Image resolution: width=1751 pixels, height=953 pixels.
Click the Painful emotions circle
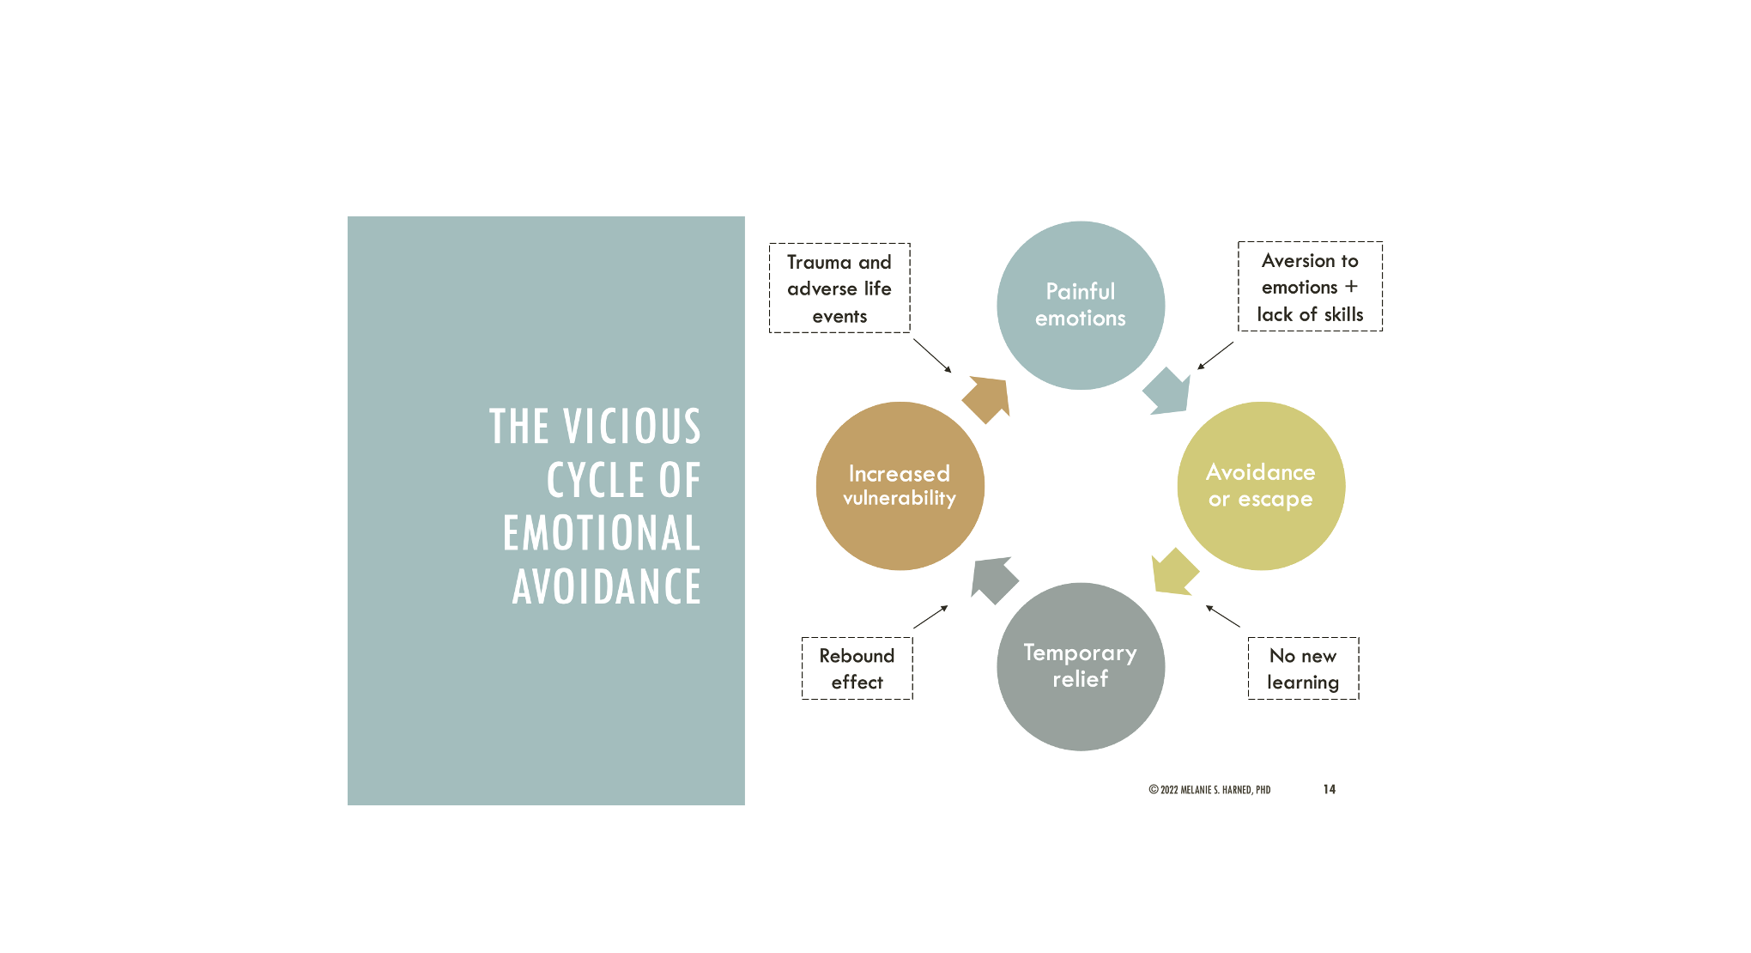pyautogui.click(x=1081, y=305)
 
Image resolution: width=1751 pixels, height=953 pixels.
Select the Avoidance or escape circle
pyautogui.click(x=1261, y=486)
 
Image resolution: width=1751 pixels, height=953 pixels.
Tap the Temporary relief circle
pyautogui.click(x=1081, y=666)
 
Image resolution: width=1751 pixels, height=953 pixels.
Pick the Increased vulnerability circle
pyautogui.click(x=900, y=486)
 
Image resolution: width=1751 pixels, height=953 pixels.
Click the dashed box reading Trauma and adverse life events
pyautogui.click(x=839, y=288)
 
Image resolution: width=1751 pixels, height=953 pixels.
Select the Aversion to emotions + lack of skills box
pyautogui.click(x=1310, y=287)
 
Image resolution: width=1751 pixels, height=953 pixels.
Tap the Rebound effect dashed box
pyautogui.click(x=857, y=669)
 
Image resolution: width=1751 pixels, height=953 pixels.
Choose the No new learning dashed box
pyautogui.click(x=1303, y=669)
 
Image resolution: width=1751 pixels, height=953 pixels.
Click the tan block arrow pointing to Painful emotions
pyautogui.click(x=987, y=398)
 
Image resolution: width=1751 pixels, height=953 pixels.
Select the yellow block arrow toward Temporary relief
pyautogui.click(x=1173, y=572)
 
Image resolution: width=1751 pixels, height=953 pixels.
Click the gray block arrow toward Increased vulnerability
pyautogui.click(x=993, y=580)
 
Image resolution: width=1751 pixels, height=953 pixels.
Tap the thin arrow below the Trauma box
pyautogui.click(x=932, y=355)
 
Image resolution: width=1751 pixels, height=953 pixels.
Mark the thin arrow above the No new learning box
pyautogui.click(x=1223, y=616)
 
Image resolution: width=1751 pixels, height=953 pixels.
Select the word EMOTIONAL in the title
pyautogui.click(x=602, y=533)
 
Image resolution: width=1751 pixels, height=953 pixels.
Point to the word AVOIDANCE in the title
pyautogui.click(x=607, y=587)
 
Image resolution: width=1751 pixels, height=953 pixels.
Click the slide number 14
pyautogui.click(x=1329, y=789)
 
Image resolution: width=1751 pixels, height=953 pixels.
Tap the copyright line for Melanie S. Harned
pyautogui.click(x=1209, y=790)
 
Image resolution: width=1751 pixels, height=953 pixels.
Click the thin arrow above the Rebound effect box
pyautogui.click(x=930, y=616)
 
